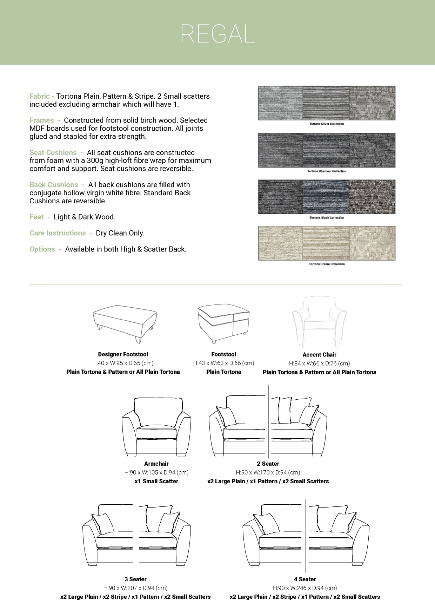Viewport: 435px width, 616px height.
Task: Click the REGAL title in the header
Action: pyautogui.click(x=217, y=34)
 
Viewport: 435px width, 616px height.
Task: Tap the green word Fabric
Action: pyautogui.click(x=39, y=96)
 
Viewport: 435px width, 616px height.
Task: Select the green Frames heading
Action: pyautogui.click(x=41, y=120)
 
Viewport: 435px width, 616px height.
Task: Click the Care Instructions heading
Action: pyautogui.click(x=58, y=233)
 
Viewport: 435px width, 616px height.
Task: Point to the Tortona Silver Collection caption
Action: pyautogui.click(x=327, y=124)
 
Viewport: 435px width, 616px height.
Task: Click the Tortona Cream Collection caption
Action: pyautogui.click(x=327, y=264)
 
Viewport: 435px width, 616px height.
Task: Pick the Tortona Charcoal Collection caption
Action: pyautogui.click(x=327, y=171)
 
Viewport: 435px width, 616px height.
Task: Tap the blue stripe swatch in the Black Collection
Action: pyautogui.click(x=326, y=197)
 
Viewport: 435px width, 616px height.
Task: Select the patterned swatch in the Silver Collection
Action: pyautogui.click(x=372, y=103)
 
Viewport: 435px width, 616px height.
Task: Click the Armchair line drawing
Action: pyautogui.click(x=156, y=427)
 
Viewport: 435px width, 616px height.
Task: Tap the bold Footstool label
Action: pyautogui.click(x=223, y=354)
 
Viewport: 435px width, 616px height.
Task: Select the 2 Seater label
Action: pyautogui.click(x=268, y=464)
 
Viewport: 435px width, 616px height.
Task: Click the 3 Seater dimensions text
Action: pyautogui.click(x=135, y=588)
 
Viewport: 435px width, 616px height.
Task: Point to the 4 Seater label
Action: pyautogui.click(x=305, y=579)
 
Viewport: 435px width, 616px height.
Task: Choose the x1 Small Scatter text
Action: pyautogui.click(x=156, y=481)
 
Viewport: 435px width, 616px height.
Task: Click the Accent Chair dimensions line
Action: pyautogui.click(x=319, y=363)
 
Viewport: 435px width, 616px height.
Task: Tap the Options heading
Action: pyautogui.click(x=42, y=249)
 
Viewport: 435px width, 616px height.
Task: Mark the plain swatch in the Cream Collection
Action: pyautogui.click(x=280, y=243)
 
